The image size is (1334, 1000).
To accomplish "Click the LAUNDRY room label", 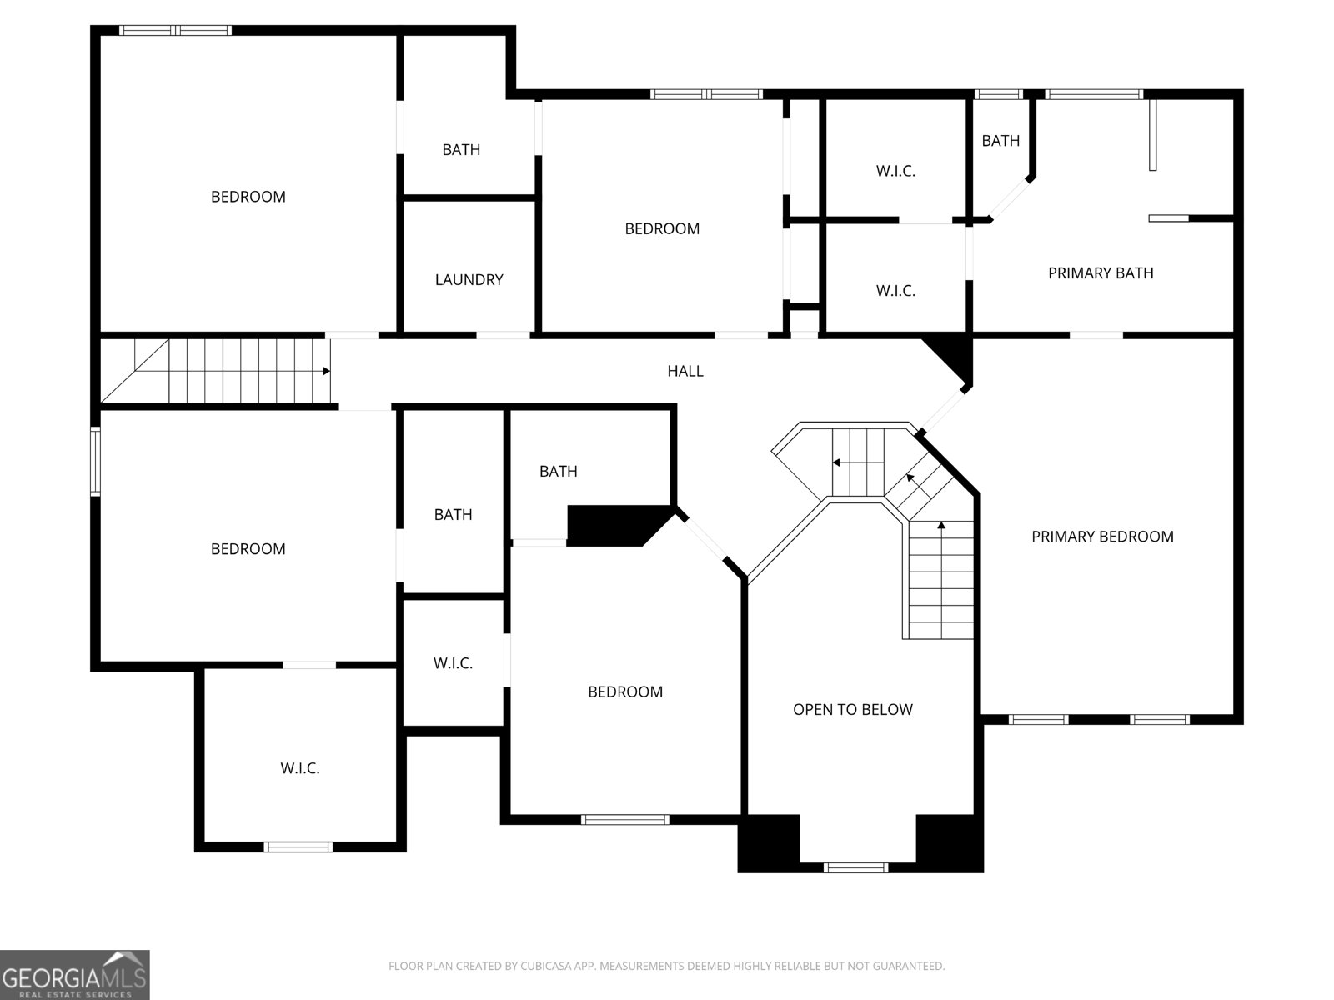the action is [469, 279].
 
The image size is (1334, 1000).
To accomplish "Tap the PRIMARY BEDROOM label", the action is [1102, 537].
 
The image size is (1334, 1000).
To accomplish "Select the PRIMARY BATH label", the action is [1101, 273].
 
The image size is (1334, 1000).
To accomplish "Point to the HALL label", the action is [685, 371].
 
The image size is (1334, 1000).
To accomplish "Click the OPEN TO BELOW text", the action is [853, 710].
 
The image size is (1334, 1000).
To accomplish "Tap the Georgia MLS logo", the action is [75, 974].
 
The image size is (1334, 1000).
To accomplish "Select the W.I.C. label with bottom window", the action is [299, 768].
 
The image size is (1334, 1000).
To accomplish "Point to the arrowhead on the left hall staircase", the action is [327, 371].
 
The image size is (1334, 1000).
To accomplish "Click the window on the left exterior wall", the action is [95, 462].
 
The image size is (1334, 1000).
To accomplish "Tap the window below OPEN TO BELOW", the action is [855, 867].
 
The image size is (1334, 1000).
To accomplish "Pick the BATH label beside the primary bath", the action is [1000, 141].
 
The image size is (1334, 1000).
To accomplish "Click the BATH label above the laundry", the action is [461, 150].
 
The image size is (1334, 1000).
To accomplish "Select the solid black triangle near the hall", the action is [951, 358].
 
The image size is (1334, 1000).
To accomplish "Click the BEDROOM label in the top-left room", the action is [248, 197].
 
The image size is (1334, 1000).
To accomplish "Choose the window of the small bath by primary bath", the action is [999, 94].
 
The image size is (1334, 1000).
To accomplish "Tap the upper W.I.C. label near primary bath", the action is [895, 171].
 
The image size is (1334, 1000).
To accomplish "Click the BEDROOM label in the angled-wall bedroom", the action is [625, 692].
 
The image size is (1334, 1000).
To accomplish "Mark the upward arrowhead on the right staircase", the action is [941, 525].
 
